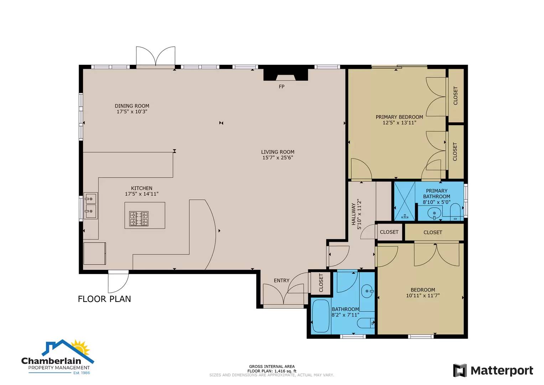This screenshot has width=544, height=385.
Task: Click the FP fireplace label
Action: [x=281, y=87]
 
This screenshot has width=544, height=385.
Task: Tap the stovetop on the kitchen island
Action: [x=139, y=219]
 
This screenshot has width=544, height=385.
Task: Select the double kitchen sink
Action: [x=90, y=206]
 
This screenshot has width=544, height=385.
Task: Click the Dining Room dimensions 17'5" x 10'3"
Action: [x=132, y=112]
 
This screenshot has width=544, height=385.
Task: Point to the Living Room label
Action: [x=278, y=152]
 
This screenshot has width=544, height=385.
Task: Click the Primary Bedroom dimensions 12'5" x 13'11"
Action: [x=399, y=123]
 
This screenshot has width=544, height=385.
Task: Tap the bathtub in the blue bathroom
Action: [x=321, y=316]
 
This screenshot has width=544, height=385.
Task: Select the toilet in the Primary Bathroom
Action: [x=455, y=212]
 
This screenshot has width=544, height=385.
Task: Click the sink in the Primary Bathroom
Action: [x=434, y=214]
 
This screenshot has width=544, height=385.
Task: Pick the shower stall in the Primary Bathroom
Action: [x=404, y=201]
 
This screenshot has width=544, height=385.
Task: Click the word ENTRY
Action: [x=281, y=281]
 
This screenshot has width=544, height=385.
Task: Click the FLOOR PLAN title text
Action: [x=104, y=299]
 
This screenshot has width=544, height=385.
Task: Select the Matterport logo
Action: [x=493, y=371]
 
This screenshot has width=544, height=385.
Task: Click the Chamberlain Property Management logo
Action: [x=58, y=357]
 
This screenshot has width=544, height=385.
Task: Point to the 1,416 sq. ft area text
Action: [x=285, y=371]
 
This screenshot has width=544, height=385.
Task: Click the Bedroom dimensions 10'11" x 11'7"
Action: [x=423, y=296]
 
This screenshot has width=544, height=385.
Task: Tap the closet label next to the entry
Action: [x=321, y=283]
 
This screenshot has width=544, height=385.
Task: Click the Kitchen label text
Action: [x=141, y=188]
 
